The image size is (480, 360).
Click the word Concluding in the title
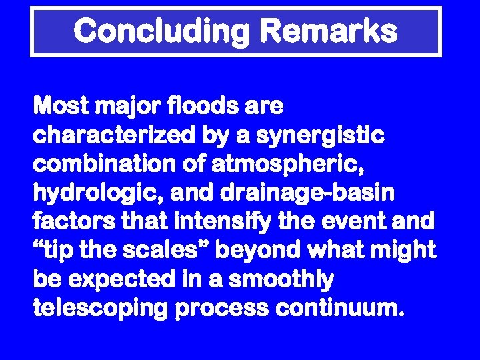coord(162,31)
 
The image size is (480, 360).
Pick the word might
coord(410,251)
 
